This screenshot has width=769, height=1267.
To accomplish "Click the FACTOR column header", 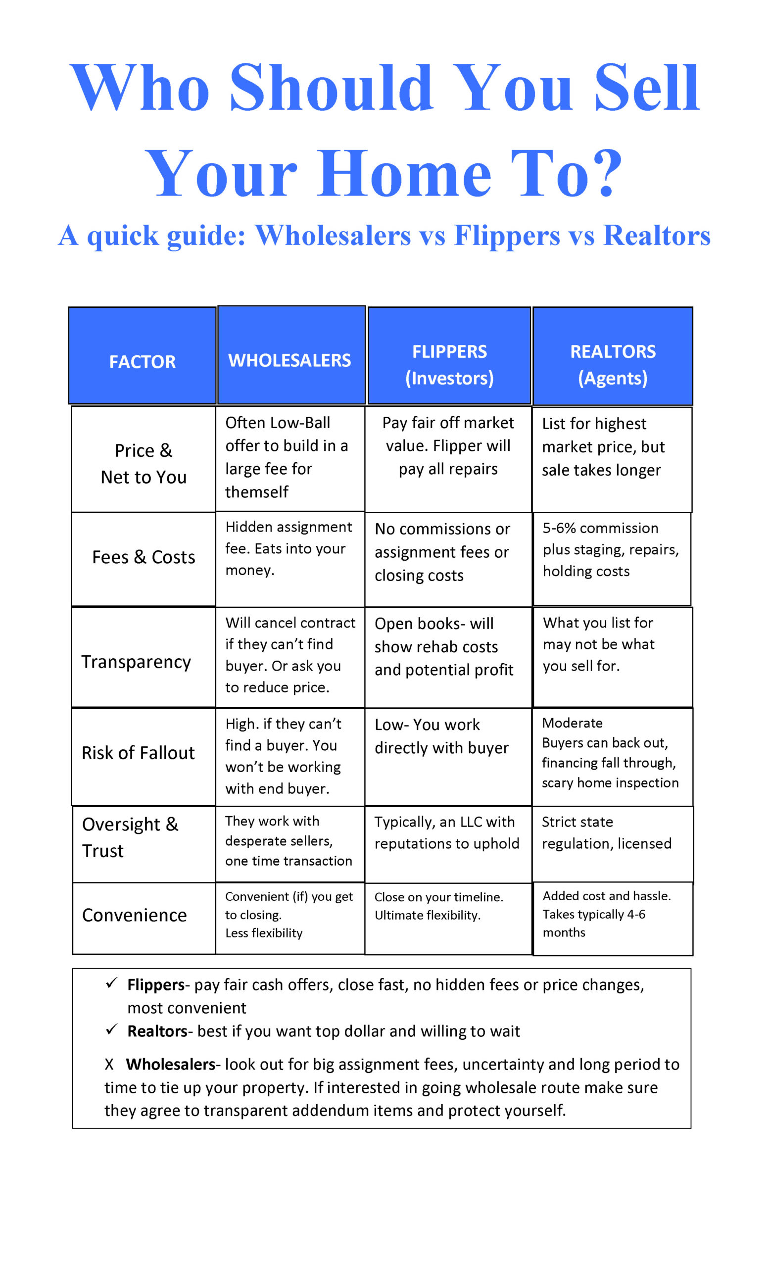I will (142, 361).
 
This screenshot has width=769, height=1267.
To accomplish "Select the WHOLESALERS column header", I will (289, 360).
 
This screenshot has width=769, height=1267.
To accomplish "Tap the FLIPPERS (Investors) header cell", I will (449, 365).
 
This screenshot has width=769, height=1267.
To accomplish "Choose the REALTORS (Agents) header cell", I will (613, 365).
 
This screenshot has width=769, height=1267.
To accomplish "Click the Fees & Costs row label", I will (144, 557).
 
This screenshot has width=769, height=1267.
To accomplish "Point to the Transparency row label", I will (136, 662).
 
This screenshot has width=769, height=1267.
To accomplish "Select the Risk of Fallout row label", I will (138, 753).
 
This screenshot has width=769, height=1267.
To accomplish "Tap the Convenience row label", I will (134, 915).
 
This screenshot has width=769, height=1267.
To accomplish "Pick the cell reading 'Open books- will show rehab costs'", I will (443, 646).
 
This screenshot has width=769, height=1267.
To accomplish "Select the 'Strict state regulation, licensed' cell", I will (607, 832).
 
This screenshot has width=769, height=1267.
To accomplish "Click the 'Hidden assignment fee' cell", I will (288, 548).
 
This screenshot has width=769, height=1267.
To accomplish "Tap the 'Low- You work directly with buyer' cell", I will (441, 736).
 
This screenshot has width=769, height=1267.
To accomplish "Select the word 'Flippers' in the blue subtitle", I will (507, 236).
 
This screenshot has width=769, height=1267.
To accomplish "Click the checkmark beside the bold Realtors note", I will (111, 1029).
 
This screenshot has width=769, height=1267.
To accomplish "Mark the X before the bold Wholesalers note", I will (109, 1064).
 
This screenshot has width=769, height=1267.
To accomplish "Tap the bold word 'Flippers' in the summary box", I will (156, 984).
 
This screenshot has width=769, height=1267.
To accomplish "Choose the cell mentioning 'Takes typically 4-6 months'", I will (607, 914).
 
